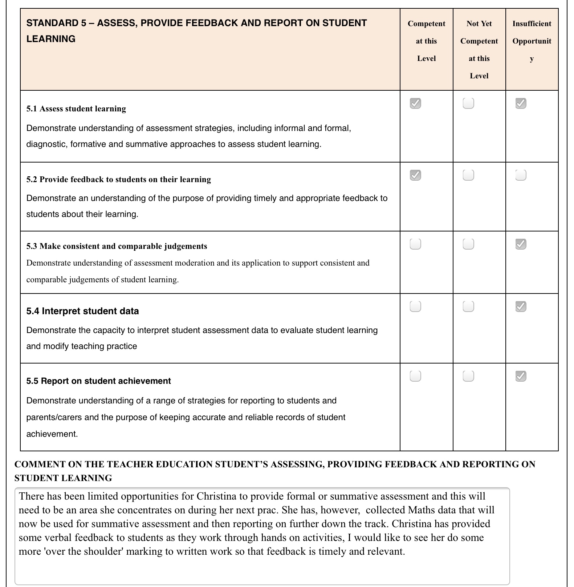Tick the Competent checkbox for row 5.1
coord(415,103)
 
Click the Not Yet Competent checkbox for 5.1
coord(468,103)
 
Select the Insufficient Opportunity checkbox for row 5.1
coord(521,103)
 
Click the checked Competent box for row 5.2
coord(415,175)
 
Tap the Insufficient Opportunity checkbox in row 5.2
coord(521,175)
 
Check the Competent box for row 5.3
coord(415,244)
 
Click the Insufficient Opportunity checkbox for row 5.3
coord(521,244)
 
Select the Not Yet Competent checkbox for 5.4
coord(468,307)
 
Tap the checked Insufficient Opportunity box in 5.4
coord(521,307)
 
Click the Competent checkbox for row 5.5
coord(415,376)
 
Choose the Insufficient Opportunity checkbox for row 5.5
coord(521,376)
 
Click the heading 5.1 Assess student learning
coord(76,109)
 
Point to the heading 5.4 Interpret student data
coord(82,311)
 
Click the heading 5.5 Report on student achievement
coord(98,381)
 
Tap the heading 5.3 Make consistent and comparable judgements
coord(117,246)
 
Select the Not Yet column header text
coord(479,24)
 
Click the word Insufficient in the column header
coord(532,24)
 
